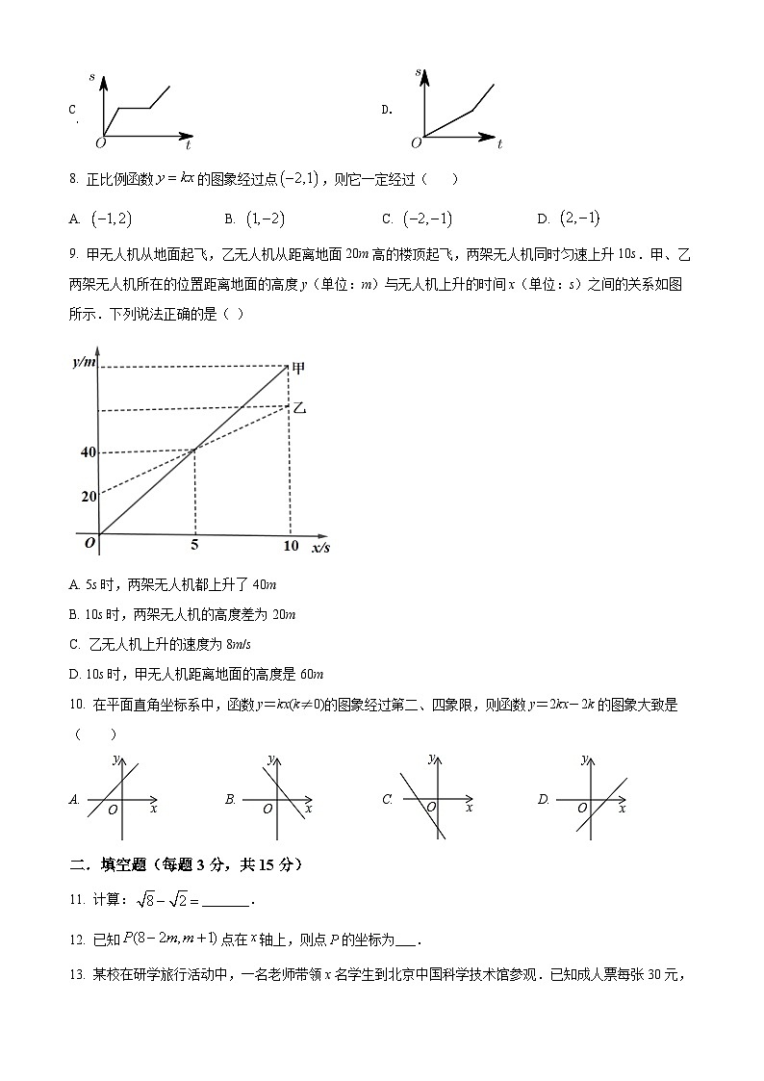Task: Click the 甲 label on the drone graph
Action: tap(299, 368)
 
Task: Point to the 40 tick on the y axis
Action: tap(89, 452)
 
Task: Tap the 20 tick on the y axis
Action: tap(89, 497)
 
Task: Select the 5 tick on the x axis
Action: tap(195, 546)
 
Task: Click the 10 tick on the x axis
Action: tap(290, 546)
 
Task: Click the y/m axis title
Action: tap(85, 362)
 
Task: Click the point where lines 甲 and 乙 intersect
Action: tap(195, 449)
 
